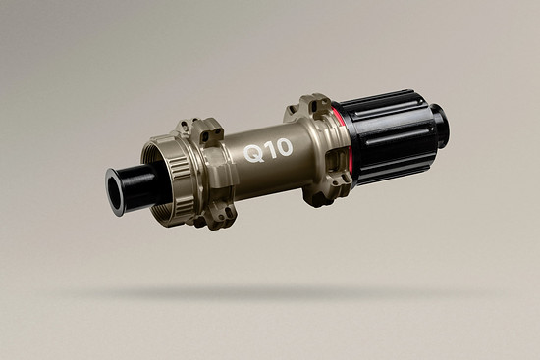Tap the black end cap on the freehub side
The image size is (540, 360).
(437, 122)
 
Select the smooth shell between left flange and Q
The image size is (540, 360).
(236, 162)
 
